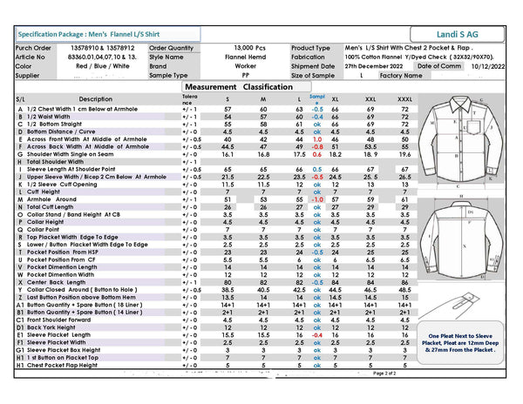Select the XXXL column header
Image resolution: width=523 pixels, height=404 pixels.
[x=404, y=99]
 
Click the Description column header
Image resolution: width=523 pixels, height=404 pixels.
[x=96, y=99]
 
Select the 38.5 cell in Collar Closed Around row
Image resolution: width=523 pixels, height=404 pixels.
[x=228, y=291]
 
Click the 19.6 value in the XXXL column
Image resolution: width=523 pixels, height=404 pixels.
[x=404, y=153]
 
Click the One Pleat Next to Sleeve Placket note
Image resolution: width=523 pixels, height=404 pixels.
[x=472, y=344]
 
